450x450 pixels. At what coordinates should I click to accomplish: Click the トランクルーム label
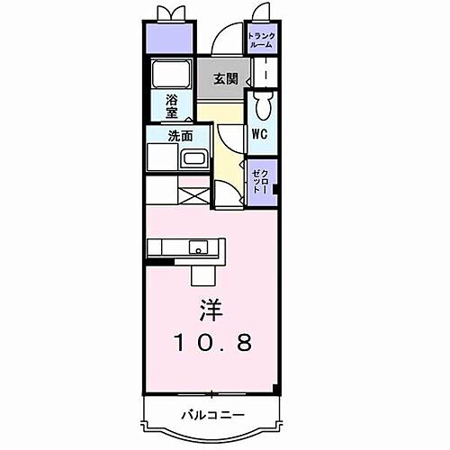coord(263,39)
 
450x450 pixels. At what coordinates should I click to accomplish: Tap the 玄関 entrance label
coord(225,78)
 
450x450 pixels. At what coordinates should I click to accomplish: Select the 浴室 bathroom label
coord(171,107)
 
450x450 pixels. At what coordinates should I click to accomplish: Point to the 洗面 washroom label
coord(180,137)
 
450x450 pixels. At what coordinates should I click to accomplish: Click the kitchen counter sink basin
coord(197,247)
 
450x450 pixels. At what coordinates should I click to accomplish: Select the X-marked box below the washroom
coord(193,193)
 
